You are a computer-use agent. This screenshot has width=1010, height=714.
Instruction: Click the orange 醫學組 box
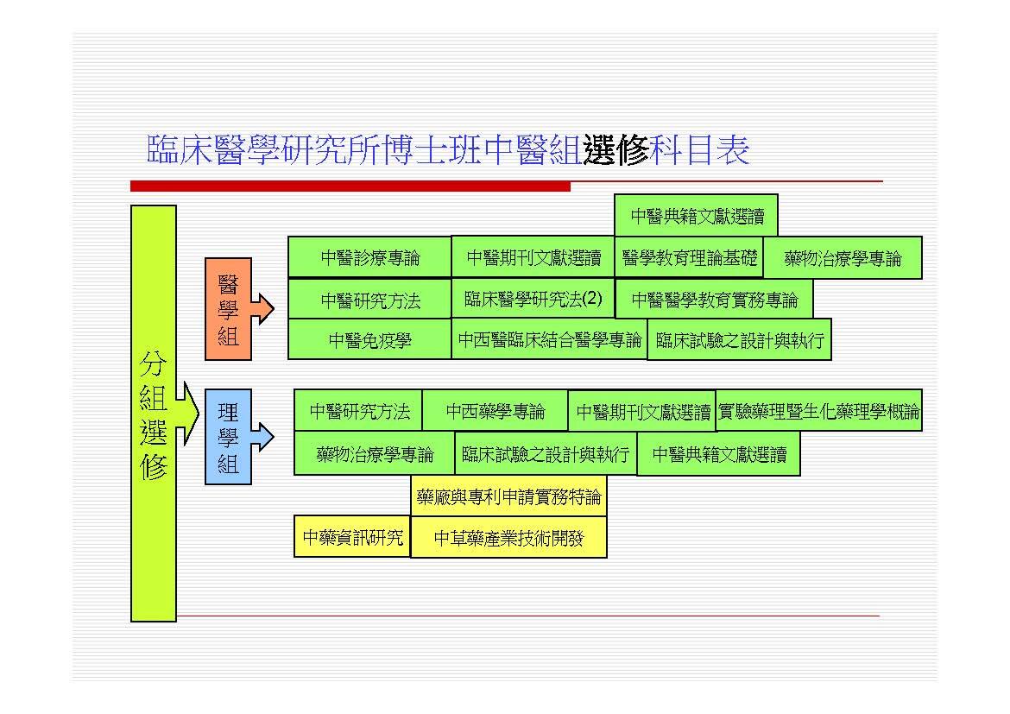pyautogui.click(x=228, y=308)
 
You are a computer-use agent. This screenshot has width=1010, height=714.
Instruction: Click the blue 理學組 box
pyautogui.click(x=228, y=437)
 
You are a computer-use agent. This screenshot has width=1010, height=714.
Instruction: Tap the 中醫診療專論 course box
pyautogui.click(x=369, y=257)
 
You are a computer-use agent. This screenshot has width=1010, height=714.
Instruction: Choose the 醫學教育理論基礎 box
pyautogui.click(x=689, y=257)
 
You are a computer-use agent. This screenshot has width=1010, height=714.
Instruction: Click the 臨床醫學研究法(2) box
pyautogui.click(x=533, y=300)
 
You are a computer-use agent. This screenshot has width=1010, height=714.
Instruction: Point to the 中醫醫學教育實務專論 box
pyautogui.click(x=714, y=300)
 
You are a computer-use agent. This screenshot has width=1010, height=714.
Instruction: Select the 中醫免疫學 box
pyautogui.click(x=369, y=340)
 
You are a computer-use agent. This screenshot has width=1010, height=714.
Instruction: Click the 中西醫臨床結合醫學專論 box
pyautogui.click(x=549, y=339)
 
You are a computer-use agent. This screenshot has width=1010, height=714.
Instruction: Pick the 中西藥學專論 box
pyautogui.click(x=495, y=412)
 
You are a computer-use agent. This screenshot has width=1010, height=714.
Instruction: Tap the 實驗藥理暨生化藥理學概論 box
pyautogui.click(x=818, y=412)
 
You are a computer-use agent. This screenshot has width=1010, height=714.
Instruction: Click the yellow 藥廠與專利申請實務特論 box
pyautogui.click(x=508, y=497)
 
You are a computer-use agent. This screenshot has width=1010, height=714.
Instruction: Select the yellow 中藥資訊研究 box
pyautogui.click(x=352, y=538)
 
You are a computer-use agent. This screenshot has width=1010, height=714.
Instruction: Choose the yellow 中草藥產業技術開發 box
pyautogui.click(x=508, y=538)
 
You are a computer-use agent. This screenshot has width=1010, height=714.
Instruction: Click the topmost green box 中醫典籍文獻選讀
pyautogui.click(x=696, y=216)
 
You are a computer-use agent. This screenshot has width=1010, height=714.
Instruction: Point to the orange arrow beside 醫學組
pyautogui.click(x=262, y=308)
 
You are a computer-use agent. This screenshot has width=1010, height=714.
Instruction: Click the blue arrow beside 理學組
pyautogui.click(x=262, y=437)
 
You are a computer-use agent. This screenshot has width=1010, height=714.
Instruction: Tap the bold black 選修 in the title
pyautogui.click(x=615, y=150)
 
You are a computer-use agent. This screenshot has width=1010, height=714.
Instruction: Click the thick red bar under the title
pyautogui.click(x=350, y=186)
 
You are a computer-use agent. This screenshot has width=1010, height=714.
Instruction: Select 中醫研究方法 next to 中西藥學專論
pyautogui.click(x=359, y=412)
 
